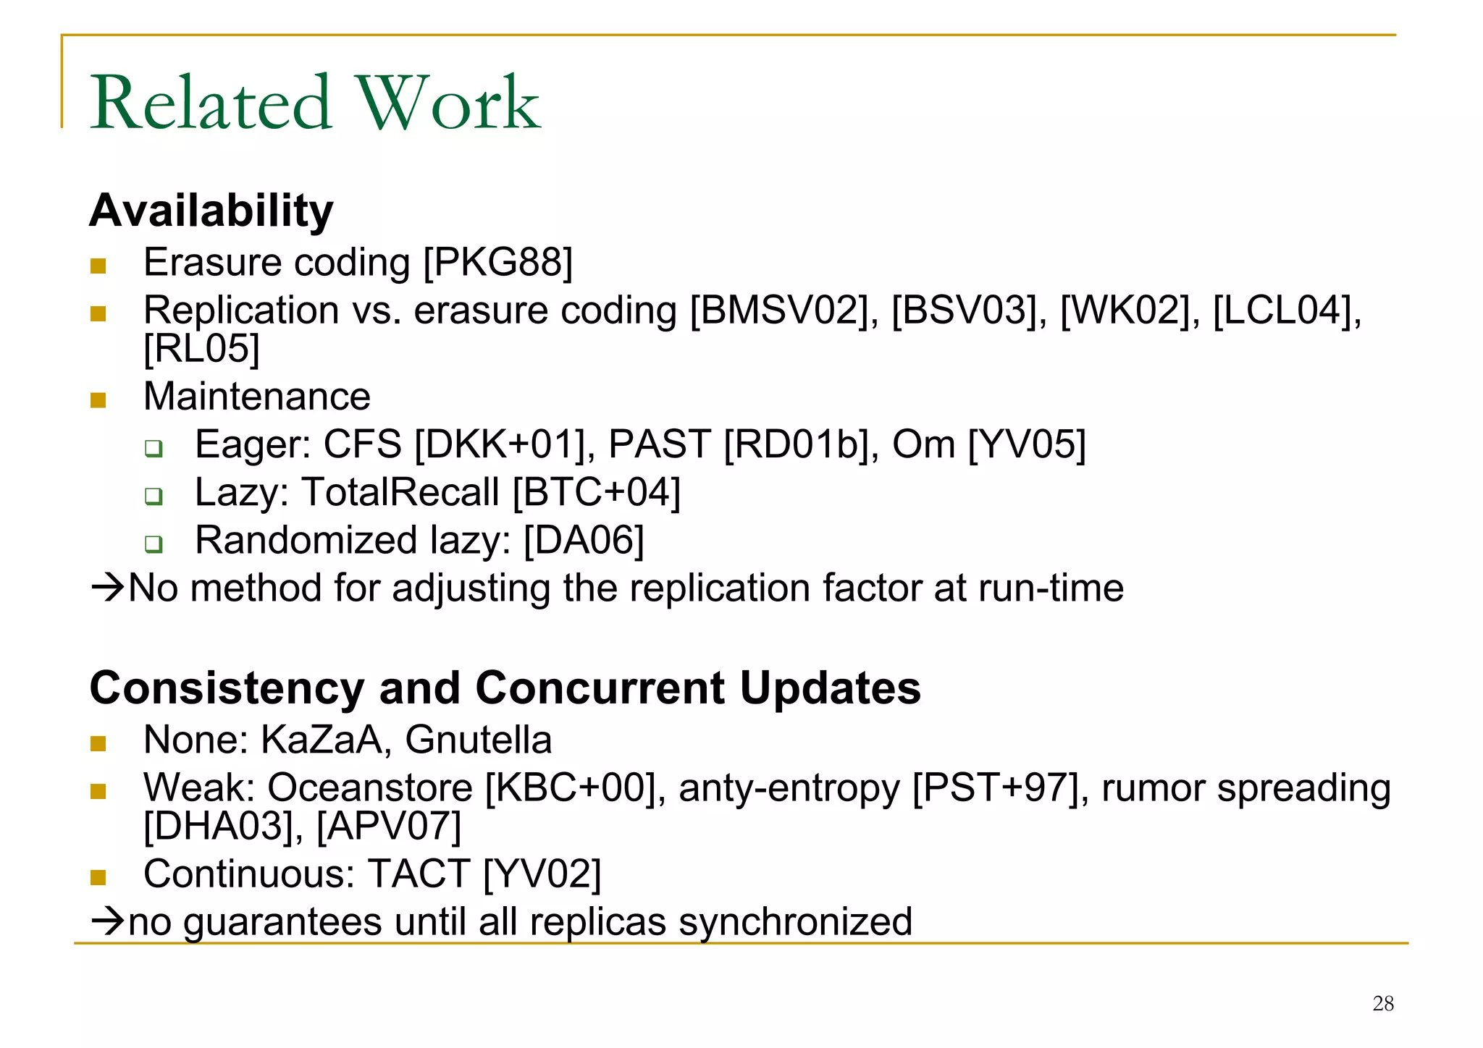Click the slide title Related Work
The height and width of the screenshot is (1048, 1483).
coord(315,103)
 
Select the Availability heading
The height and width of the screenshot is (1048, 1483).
coord(211,211)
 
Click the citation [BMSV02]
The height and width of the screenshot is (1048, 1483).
coord(781,310)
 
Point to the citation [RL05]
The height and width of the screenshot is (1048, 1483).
coord(201,348)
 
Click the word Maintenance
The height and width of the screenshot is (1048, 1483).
coord(257,397)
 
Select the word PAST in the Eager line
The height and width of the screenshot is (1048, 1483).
coord(659,444)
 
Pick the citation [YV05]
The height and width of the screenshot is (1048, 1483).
coord(1027,444)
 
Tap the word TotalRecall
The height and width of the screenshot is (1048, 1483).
coord(400,492)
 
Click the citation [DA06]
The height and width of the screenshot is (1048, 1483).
coord(584,540)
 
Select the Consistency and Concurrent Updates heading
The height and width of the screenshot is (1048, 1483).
coord(505,688)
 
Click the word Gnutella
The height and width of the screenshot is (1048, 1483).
coord(478,740)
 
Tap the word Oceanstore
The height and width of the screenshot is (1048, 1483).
coord(369,787)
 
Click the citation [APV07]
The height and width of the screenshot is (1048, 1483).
coord(390,826)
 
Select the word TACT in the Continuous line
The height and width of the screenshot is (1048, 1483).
coord(419,874)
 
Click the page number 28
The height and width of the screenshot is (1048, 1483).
coord(1383,1003)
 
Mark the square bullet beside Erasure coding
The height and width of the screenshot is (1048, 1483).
coord(98,266)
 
